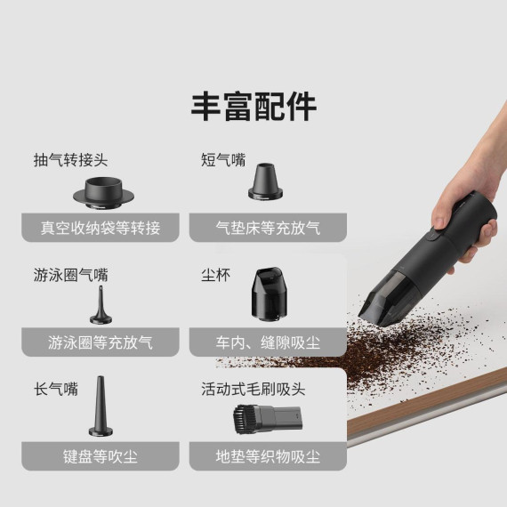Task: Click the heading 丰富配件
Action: pos(253,107)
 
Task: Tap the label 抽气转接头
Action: pos(70,160)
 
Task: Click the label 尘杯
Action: pos(215,275)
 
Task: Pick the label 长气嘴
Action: pos(55,389)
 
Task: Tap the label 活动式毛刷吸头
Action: pos(253,389)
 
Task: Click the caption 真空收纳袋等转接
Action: pos(101,228)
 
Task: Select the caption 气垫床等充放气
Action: pos(268,228)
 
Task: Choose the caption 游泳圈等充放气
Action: pos(101,342)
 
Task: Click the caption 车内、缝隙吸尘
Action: pos(268,342)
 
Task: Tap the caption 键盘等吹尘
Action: pos(101,457)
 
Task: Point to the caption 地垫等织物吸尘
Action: pos(268,457)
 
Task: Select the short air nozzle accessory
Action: pos(267,181)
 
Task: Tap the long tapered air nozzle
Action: pos(100,410)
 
